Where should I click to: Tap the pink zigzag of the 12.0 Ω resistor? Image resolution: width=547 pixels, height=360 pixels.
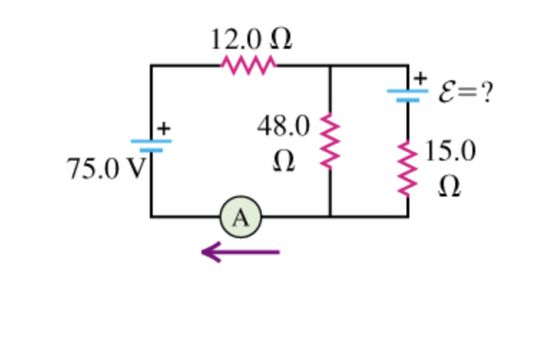tap(249, 65)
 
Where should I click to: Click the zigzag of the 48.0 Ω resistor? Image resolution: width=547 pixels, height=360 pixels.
tap(330, 141)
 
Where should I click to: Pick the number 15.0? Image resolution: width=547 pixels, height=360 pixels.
tap(449, 151)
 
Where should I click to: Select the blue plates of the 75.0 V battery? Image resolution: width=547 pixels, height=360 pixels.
tap(151, 145)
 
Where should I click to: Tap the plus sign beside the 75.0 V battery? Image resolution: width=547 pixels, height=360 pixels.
tap(164, 128)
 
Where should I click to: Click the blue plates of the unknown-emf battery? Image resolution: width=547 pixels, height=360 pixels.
tap(408, 95)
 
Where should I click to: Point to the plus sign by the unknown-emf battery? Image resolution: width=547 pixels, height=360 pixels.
tap(422, 76)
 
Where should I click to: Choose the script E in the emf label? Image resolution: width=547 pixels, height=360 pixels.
tap(444, 94)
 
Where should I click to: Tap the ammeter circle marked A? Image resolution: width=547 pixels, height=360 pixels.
tap(241, 217)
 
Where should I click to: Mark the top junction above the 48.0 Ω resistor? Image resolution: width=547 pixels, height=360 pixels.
tap(330, 65)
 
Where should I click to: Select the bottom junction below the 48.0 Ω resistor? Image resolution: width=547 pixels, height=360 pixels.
tap(330, 216)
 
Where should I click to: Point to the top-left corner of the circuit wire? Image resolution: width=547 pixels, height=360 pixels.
tap(151, 65)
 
